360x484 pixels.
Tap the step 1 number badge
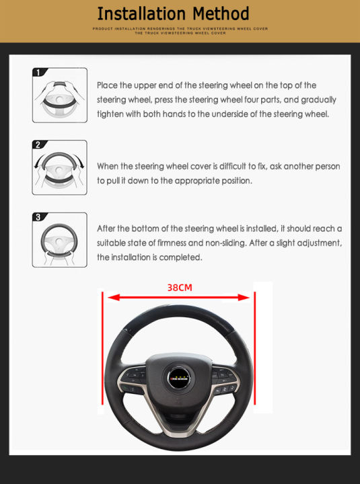tap(39, 72)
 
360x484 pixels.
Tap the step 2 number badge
tap(39, 145)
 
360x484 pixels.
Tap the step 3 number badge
tap(39, 217)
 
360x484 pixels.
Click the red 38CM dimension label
tap(180, 287)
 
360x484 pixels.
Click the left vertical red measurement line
tap(102, 356)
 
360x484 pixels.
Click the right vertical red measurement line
tap(254, 356)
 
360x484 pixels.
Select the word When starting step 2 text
tap(110, 166)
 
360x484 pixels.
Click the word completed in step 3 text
tap(182, 257)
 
